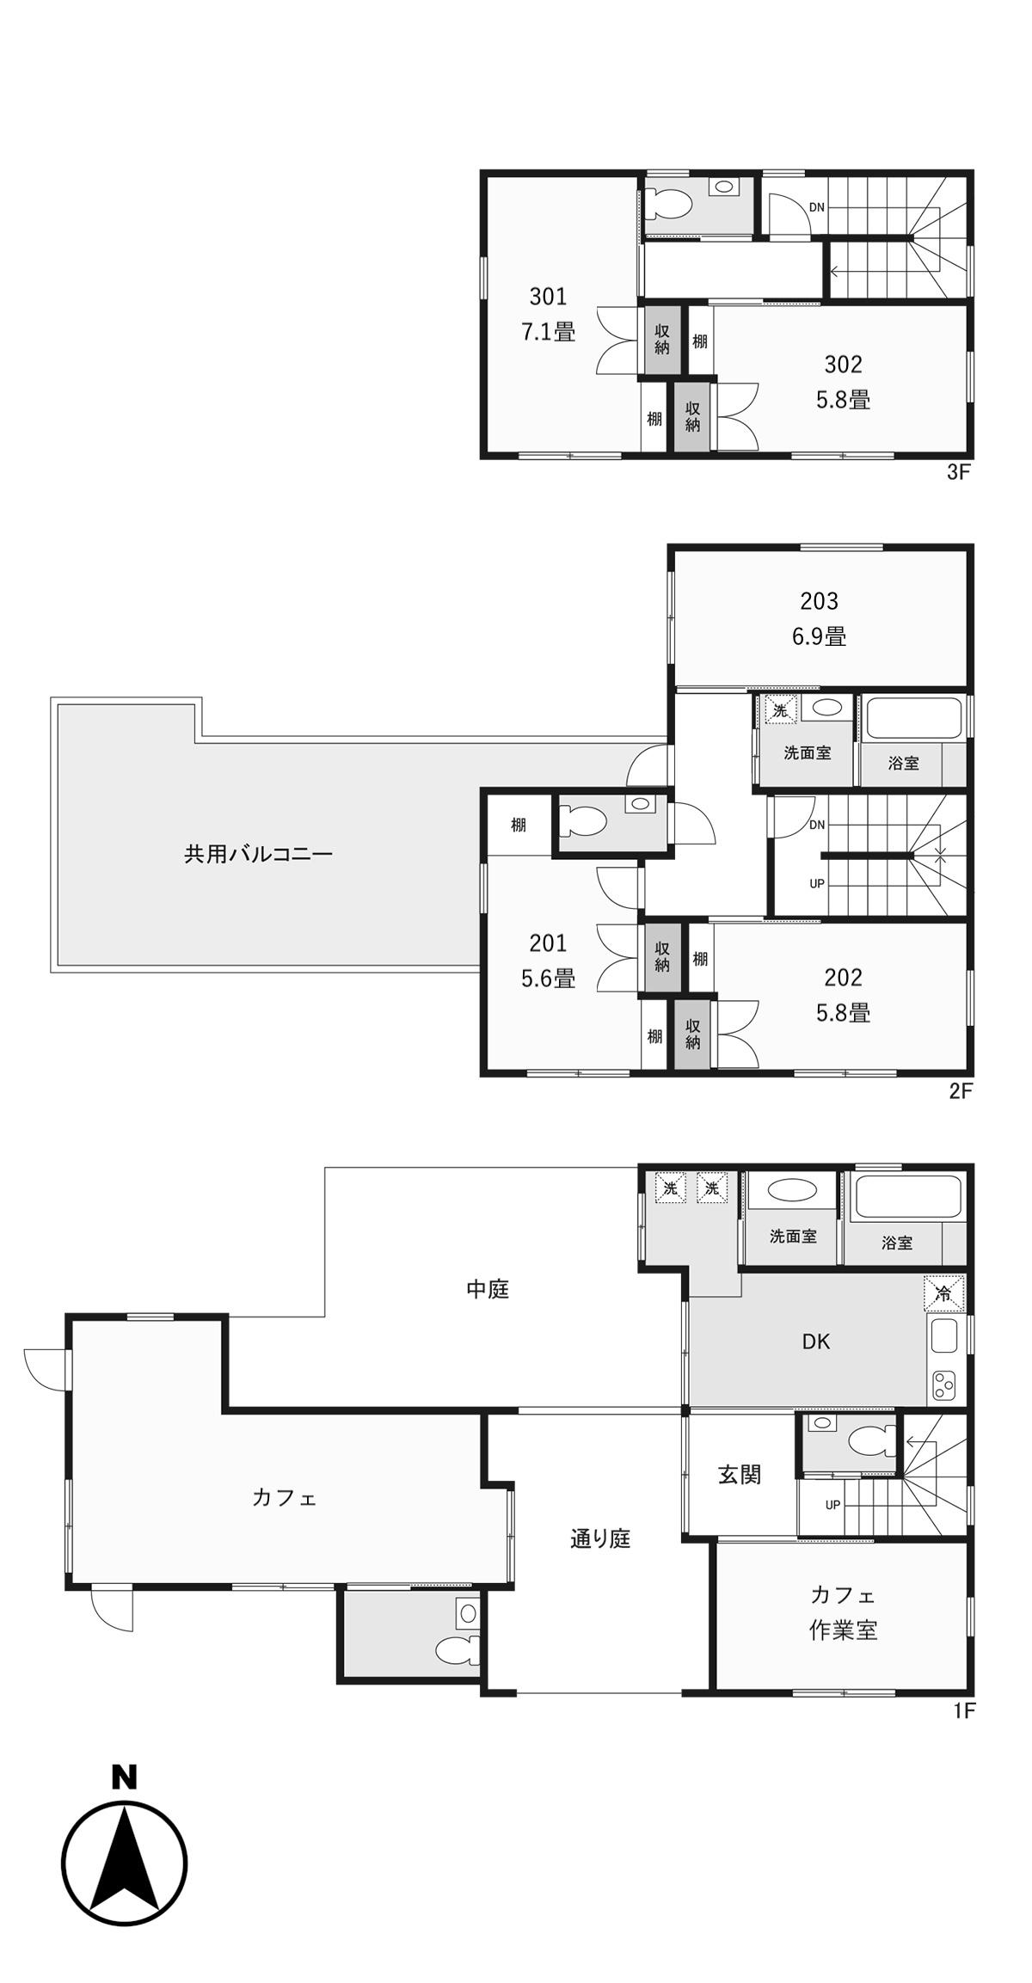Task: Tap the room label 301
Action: click(x=548, y=297)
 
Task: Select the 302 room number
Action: click(x=843, y=365)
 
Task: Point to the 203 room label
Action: click(x=819, y=600)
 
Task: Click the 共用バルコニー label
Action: click(x=258, y=854)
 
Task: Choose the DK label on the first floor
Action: click(x=816, y=1341)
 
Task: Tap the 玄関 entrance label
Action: click(x=740, y=1475)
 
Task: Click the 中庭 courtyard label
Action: click(x=488, y=1289)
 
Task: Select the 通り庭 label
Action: click(x=600, y=1538)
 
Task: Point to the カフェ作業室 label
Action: click(x=843, y=1613)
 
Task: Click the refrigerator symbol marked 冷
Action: click(x=943, y=1292)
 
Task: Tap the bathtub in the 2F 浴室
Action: click(x=912, y=718)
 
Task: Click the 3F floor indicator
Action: click(x=959, y=472)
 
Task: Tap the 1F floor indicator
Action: click(x=964, y=1710)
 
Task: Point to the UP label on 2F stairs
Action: click(x=817, y=884)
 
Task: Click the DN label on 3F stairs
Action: click(x=816, y=207)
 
